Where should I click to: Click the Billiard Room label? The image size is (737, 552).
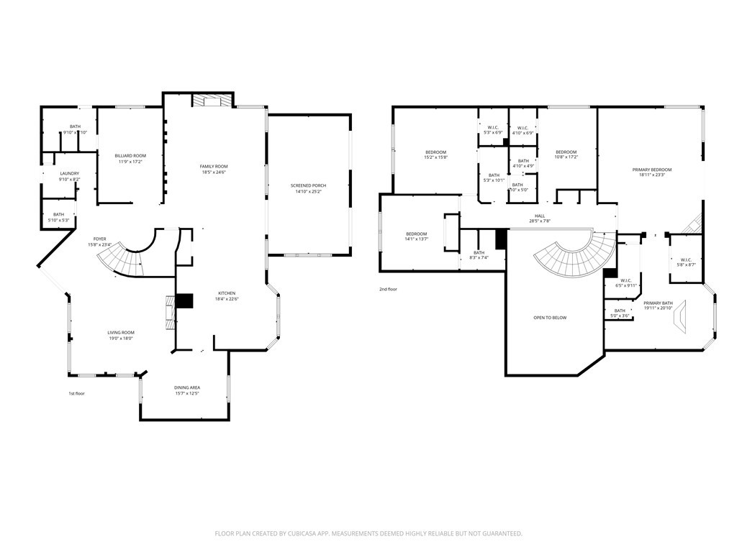[x=130, y=156]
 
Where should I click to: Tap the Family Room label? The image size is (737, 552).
[x=214, y=167]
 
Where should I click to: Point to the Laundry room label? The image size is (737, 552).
[x=69, y=173]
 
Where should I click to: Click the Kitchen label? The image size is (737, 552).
[x=227, y=293]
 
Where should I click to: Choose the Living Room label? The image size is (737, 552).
[x=121, y=333]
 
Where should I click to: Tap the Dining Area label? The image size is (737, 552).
[x=186, y=388]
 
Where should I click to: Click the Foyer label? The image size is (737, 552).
[x=100, y=239]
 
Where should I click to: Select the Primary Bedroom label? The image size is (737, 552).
[x=651, y=170]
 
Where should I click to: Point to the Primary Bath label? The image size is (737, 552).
[x=658, y=303]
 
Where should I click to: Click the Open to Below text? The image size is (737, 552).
[x=549, y=318]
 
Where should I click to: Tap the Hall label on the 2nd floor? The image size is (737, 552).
[x=540, y=216]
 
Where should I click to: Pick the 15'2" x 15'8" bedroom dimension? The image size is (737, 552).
[x=436, y=157]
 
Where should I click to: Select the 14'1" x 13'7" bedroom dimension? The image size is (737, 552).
[x=416, y=239]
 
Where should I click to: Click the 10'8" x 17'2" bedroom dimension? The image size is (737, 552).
[x=566, y=157]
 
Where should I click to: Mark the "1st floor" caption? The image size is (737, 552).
[x=76, y=393]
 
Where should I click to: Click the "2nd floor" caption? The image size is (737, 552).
[x=388, y=290]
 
